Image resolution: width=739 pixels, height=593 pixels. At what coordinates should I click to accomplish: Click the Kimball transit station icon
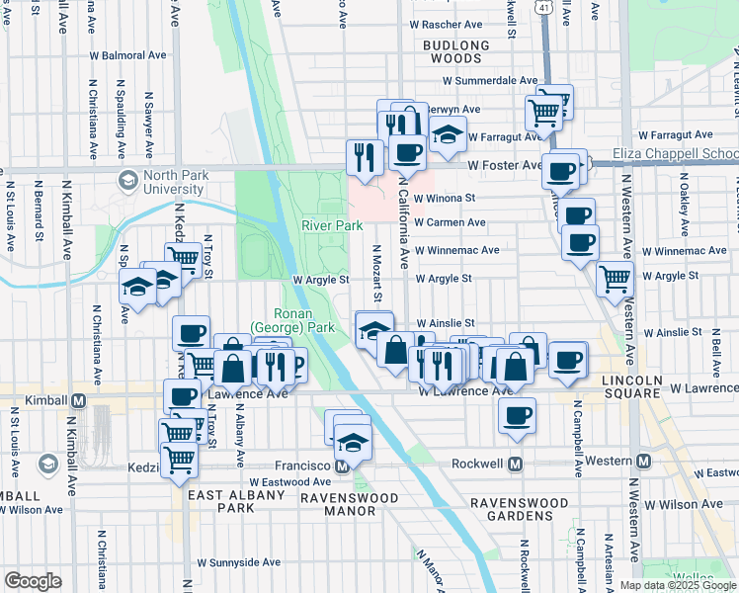tap(79, 399)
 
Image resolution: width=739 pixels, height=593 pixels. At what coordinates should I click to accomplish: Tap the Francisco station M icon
tap(342, 465)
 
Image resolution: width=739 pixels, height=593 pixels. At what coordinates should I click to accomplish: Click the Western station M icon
tap(643, 462)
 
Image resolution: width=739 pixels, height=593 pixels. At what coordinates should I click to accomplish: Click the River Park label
tap(332, 225)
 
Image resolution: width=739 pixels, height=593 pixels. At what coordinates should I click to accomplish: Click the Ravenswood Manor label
tap(338, 504)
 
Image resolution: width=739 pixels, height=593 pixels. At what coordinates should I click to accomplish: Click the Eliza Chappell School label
tap(675, 153)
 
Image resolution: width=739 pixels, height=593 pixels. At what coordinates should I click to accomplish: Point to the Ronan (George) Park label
tap(292, 319)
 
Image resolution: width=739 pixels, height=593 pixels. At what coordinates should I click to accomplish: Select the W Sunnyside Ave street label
tap(238, 562)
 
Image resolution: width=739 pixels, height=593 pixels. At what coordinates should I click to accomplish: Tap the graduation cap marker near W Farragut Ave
tap(448, 134)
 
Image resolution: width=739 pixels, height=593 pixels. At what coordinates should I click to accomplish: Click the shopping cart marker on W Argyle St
tap(615, 279)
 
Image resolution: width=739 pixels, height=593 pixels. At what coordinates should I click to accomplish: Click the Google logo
tap(33, 580)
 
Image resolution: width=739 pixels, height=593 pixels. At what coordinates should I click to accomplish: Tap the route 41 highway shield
tap(543, 8)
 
